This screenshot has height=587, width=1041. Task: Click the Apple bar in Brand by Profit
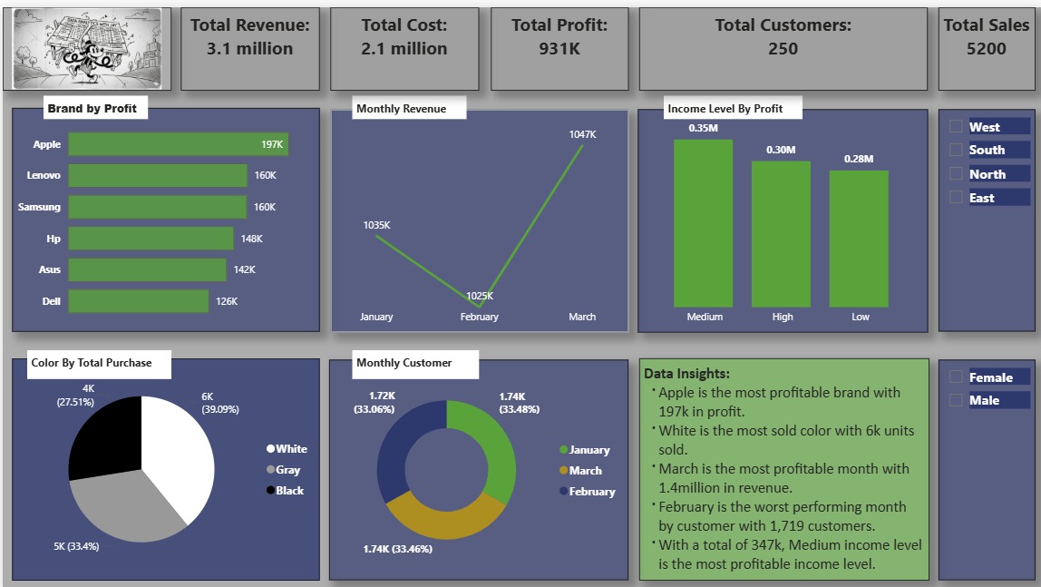click(x=178, y=144)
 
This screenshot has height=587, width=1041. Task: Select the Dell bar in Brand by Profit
click(x=138, y=301)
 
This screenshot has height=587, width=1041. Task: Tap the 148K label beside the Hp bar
click(x=251, y=239)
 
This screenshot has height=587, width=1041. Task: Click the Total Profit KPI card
click(x=559, y=49)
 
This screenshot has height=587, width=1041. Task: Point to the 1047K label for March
click(x=582, y=134)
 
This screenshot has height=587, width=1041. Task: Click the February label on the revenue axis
click(x=479, y=317)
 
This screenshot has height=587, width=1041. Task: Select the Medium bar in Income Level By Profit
click(x=703, y=222)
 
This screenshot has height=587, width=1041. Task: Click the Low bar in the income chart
click(x=859, y=238)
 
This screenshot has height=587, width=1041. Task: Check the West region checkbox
click(x=956, y=127)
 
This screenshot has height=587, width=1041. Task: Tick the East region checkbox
click(x=956, y=197)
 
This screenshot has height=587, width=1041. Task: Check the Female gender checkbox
click(x=956, y=377)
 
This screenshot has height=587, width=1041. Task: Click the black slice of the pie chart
click(x=104, y=435)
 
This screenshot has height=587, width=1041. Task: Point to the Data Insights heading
click(x=686, y=374)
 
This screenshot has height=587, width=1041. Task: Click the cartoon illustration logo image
click(x=87, y=49)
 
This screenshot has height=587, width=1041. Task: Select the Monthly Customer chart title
click(x=404, y=363)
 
